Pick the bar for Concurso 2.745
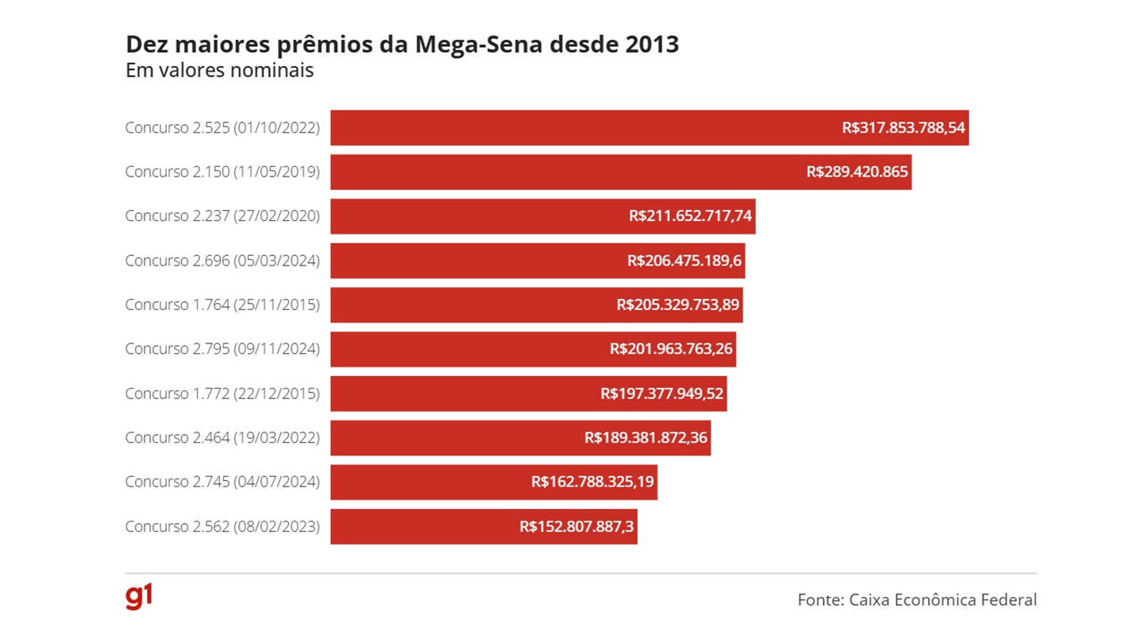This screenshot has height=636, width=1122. click(430, 482)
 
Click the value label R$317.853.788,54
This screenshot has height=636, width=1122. click(904, 128)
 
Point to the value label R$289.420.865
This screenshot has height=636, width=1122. click(857, 172)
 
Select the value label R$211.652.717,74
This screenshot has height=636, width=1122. click(690, 216)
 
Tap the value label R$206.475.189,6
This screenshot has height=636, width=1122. click(685, 261)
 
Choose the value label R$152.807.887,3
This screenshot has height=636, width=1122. click(576, 526)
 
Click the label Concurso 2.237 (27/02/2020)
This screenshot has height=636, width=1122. click(222, 216)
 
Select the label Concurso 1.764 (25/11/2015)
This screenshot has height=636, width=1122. click(222, 304)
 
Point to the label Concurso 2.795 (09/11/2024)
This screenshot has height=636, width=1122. click(222, 349)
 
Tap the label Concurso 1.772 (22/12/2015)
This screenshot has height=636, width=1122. click(222, 394)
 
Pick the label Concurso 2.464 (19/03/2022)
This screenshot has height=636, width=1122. click(222, 437)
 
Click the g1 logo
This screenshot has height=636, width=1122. click(139, 597)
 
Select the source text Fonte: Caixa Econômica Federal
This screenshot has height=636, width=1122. click(917, 599)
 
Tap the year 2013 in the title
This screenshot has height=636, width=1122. click(652, 45)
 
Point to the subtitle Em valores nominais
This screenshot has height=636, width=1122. click(219, 70)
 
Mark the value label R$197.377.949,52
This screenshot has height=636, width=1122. click(662, 394)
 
